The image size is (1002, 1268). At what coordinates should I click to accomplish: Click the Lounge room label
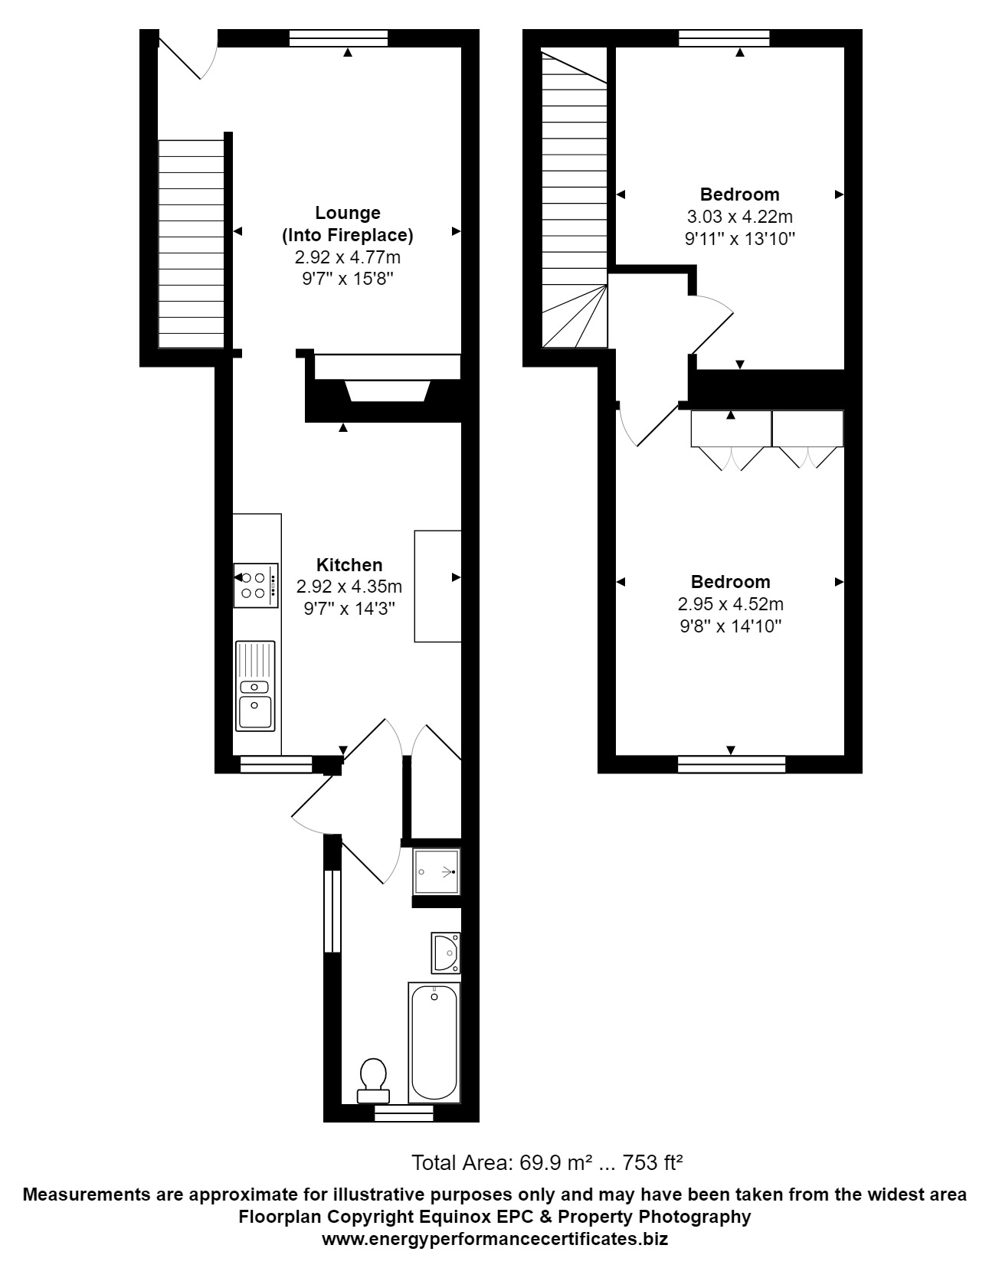coord(348,213)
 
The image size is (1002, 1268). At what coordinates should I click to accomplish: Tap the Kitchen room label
coord(349,565)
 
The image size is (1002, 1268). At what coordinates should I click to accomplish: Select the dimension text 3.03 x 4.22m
coord(740,217)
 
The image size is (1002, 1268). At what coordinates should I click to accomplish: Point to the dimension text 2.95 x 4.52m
coord(731,604)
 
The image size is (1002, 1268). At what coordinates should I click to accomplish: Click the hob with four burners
coord(256,586)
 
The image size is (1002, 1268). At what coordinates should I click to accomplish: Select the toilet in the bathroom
coord(373,1076)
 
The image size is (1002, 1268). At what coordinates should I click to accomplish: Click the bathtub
coord(434,1042)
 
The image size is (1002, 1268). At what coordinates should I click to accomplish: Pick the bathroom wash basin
coord(446,953)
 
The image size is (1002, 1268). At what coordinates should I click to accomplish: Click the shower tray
coord(437,871)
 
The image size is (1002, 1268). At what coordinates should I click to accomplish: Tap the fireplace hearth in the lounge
coord(386,390)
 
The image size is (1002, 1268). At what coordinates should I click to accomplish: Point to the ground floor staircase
coord(191,243)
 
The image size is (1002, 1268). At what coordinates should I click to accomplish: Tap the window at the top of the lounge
coord(339,38)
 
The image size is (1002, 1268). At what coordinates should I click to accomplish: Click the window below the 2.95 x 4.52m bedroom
coord(732,763)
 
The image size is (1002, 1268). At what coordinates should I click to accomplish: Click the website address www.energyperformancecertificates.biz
coord(495,1239)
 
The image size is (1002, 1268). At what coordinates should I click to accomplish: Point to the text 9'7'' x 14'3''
coord(349,609)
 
